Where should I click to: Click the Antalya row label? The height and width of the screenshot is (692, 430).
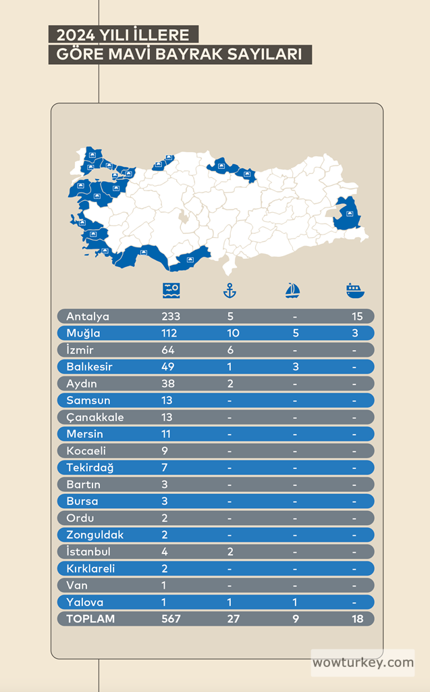[x=88, y=316]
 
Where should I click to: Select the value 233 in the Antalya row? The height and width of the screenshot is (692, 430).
[x=171, y=316]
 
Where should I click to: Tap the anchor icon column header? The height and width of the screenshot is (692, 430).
[x=230, y=291]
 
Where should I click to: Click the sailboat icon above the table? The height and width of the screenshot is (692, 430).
[x=292, y=291]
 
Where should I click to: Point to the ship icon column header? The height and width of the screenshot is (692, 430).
[x=354, y=291]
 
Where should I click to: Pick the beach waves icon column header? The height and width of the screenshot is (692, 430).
[x=171, y=291]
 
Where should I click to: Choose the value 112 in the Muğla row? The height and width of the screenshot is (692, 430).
[x=169, y=333]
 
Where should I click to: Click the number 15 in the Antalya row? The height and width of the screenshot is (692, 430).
[x=357, y=316]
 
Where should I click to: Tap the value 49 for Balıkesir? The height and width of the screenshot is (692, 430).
[x=168, y=367]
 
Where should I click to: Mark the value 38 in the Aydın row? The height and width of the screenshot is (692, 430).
[x=168, y=384]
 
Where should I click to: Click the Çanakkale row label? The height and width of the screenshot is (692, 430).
[x=95, y=418]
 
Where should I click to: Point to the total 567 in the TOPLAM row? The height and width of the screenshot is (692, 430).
[x=171, y=619]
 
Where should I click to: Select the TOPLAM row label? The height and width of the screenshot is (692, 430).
[x=90, y=619]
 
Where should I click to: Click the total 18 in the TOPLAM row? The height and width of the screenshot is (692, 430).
[x=357, y=619]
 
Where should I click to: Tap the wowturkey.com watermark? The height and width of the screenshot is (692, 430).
[x=363, y=663]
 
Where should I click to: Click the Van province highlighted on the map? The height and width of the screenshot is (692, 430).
[x=348, y=214]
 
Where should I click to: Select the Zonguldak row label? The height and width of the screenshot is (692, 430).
[x=95, y=535]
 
